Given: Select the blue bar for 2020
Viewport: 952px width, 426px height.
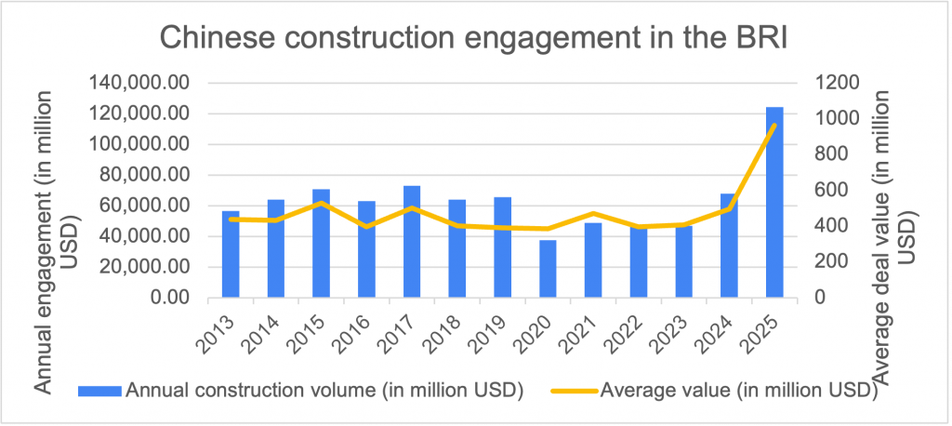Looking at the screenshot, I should [x=548, y=269].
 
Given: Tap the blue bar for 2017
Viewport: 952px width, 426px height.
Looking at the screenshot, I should [x=412, y=242].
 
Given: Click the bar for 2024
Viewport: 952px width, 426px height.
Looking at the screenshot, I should [x=729, y=246].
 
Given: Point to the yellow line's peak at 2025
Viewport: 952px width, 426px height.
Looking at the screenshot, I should [x=774, y=126].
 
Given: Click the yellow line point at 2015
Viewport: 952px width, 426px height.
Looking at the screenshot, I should [x=322, y=203].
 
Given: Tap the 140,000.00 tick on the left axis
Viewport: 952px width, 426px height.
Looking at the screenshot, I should [x=142, y=83].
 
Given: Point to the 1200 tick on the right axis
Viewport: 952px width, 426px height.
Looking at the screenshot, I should [x=836, y=83].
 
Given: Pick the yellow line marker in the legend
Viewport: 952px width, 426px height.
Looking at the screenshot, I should [x=568, y=391].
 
